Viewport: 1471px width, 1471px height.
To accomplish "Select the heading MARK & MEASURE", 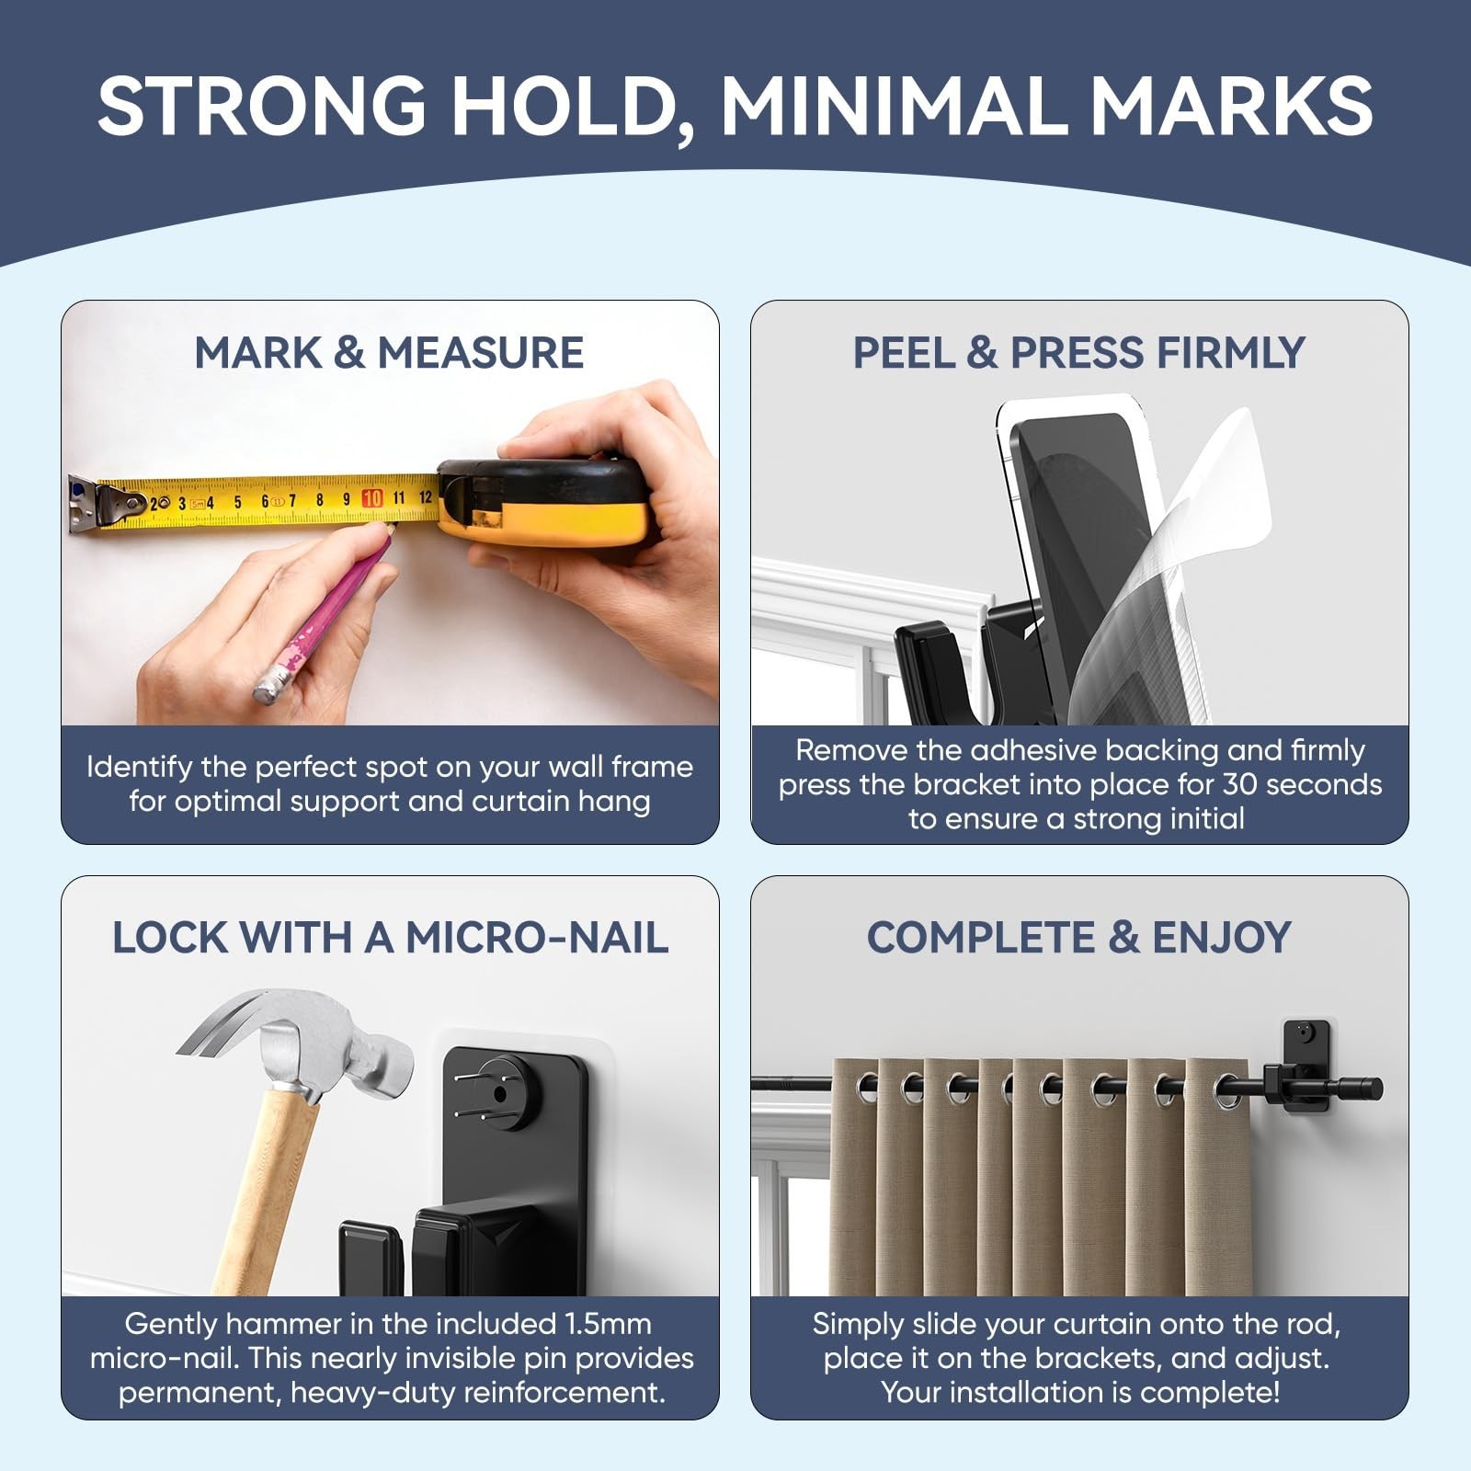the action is coord(389,353).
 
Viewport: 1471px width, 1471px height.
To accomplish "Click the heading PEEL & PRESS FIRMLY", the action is coord(1078,353).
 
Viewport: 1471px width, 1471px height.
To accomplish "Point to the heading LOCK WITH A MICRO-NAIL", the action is coord(390,938).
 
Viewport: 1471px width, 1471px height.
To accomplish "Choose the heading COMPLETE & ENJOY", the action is coord(1078,938).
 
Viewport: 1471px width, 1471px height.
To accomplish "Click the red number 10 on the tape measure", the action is coord(371,498).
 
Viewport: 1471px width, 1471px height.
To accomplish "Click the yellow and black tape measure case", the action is coord(542,501).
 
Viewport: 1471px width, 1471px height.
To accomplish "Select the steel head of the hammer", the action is coord(303,1039).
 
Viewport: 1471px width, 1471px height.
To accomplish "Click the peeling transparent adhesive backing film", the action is coord(1186,570).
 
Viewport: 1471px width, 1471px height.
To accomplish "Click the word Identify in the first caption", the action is coord(139,768).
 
